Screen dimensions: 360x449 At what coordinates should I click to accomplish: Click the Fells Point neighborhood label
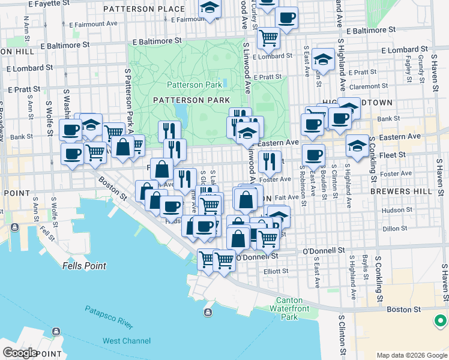click(85, 265)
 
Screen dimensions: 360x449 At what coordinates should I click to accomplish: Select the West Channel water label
click(127, 341)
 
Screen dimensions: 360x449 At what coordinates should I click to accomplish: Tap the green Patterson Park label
click(194, 85)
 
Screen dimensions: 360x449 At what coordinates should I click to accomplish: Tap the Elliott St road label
click(276, 271)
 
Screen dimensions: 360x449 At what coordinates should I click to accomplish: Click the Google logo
click(20, 352)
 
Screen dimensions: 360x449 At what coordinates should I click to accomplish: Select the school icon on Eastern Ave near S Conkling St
click(357, 146)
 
